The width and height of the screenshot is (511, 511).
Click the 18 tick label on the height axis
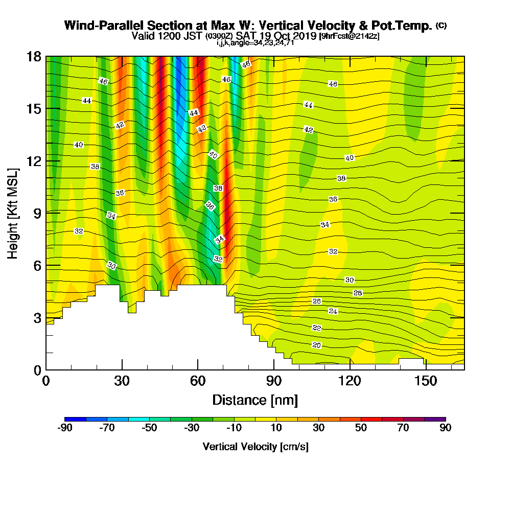(x=34, y=57)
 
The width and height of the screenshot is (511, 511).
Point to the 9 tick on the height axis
(x=53, y=213)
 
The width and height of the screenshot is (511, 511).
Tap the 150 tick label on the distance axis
(x=426, y=381)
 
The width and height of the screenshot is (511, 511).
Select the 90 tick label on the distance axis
(x=274, y=381)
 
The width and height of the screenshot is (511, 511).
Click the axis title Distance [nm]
(x=255, y=400)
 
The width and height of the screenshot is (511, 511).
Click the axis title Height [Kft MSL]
(x=13, y=214)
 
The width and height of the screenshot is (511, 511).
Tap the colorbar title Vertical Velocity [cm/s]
(x=255, y=447)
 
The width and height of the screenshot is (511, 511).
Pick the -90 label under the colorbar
(x=65, y=428)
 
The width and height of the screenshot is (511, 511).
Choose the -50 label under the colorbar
(x=150, y=428)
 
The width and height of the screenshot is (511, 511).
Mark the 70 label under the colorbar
(x=403, y=428)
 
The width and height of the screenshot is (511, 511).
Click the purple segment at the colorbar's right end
(x=435, y=419)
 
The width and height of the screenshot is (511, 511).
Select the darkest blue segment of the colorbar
(x=75, y=419)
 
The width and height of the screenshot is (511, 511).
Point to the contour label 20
(x=316, y=345)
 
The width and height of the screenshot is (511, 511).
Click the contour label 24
(x=333, y=311)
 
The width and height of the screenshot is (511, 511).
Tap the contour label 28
(x=358, y=293)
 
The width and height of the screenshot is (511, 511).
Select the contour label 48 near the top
(x=246, y=64)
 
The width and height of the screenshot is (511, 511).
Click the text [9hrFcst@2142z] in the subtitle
(x=349, y=36)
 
